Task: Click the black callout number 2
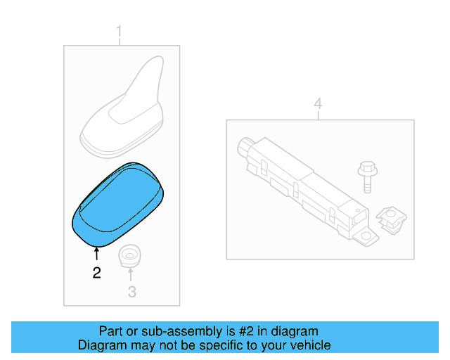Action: (x=97, y=273)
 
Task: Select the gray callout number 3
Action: (x=132, y=292)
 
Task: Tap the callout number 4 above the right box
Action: (x=318, y=103)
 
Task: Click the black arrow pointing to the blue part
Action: (x=97, y=254)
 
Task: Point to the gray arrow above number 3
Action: (x=131, y=274)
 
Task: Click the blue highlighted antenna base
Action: (x=118, y=205)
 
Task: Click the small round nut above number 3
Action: (x=129, y=255)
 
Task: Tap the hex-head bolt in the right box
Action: (x=367, y=177)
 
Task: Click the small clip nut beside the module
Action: (x=391, y=219)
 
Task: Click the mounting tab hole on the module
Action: (x=366, y=236)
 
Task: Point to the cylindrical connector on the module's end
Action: (x=245, y=146)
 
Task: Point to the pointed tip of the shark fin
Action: (x=160, y=57)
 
